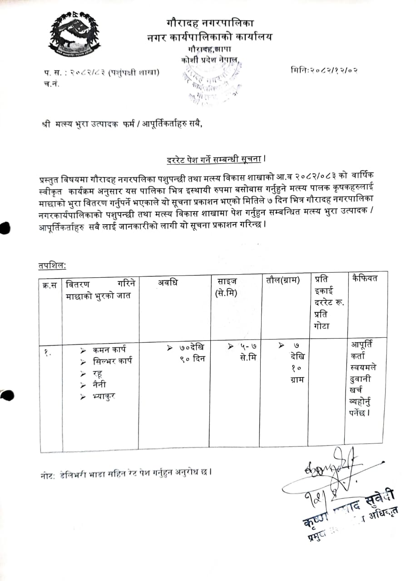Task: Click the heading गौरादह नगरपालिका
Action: (x=210, y=22)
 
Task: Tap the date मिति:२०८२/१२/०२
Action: (x=324, y=70)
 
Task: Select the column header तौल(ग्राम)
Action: (x=283, y=280)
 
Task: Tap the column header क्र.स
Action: (x=50, y=285)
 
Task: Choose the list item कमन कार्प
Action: (x=109, y=350)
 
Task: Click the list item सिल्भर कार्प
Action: (x=112, y=362)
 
